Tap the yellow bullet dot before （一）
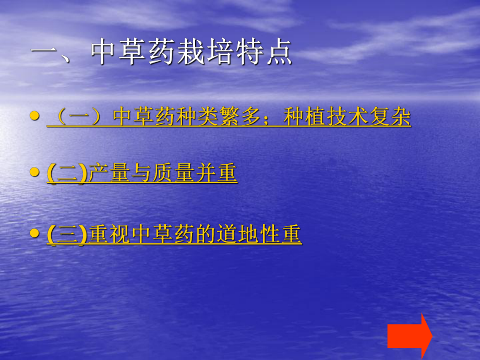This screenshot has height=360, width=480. pyautogui.click(x=34, y=116)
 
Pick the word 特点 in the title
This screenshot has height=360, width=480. pyautogui.click(x=263, y=54)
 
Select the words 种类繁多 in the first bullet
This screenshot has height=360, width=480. pyautogui.click(x=219, y=117)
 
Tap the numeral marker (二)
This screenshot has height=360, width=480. pyautogui.click(x=67, y=174)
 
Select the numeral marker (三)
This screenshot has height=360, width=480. pyautogui.click(x=67, y=234)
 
